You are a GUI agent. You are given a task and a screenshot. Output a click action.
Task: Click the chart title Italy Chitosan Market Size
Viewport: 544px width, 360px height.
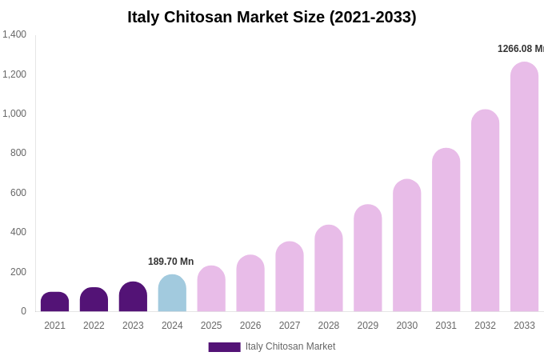point(272,17)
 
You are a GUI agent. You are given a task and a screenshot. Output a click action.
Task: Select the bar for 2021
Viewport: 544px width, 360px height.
point(54,302)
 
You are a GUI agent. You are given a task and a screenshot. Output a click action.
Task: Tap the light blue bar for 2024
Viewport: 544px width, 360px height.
point(172,294)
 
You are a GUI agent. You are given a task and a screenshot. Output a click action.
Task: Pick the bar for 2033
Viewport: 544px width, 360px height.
point(524,187)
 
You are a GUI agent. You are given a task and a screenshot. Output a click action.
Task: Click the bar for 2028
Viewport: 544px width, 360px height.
point(328,269)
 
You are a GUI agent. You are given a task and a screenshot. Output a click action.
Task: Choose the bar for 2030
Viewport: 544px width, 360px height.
point(406,246)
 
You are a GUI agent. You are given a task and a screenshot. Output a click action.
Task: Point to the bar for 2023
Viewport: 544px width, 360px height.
point(133,297)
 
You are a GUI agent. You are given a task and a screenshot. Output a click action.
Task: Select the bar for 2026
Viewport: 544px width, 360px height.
point(250,284)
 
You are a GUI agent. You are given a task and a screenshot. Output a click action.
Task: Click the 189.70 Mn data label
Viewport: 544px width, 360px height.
point(170,262)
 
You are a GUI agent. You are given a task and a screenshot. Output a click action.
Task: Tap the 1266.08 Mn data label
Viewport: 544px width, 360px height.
point(520,49)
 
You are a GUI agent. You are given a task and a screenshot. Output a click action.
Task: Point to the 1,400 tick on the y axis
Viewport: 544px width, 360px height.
point(14,34)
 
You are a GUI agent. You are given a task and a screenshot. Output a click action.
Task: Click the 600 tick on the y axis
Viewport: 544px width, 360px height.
point(18,193)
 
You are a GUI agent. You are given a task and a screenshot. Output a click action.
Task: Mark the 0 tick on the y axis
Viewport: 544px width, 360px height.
point(23,311)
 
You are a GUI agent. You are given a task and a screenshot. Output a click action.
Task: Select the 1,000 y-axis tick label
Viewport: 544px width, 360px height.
point(14,114)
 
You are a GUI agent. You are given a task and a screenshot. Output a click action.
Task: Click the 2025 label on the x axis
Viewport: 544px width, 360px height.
point(211,326)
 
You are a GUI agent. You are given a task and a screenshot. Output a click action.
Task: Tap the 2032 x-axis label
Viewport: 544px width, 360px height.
point(485,326)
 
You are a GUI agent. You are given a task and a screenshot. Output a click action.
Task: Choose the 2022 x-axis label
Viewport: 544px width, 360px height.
point(94,326)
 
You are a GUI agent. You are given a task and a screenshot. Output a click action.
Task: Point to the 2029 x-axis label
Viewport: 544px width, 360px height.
point(367,326)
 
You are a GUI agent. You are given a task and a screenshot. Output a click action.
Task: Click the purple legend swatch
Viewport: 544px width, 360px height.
point(224,347)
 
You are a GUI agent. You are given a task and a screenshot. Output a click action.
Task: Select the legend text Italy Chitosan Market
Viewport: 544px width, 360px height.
point(290,346)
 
